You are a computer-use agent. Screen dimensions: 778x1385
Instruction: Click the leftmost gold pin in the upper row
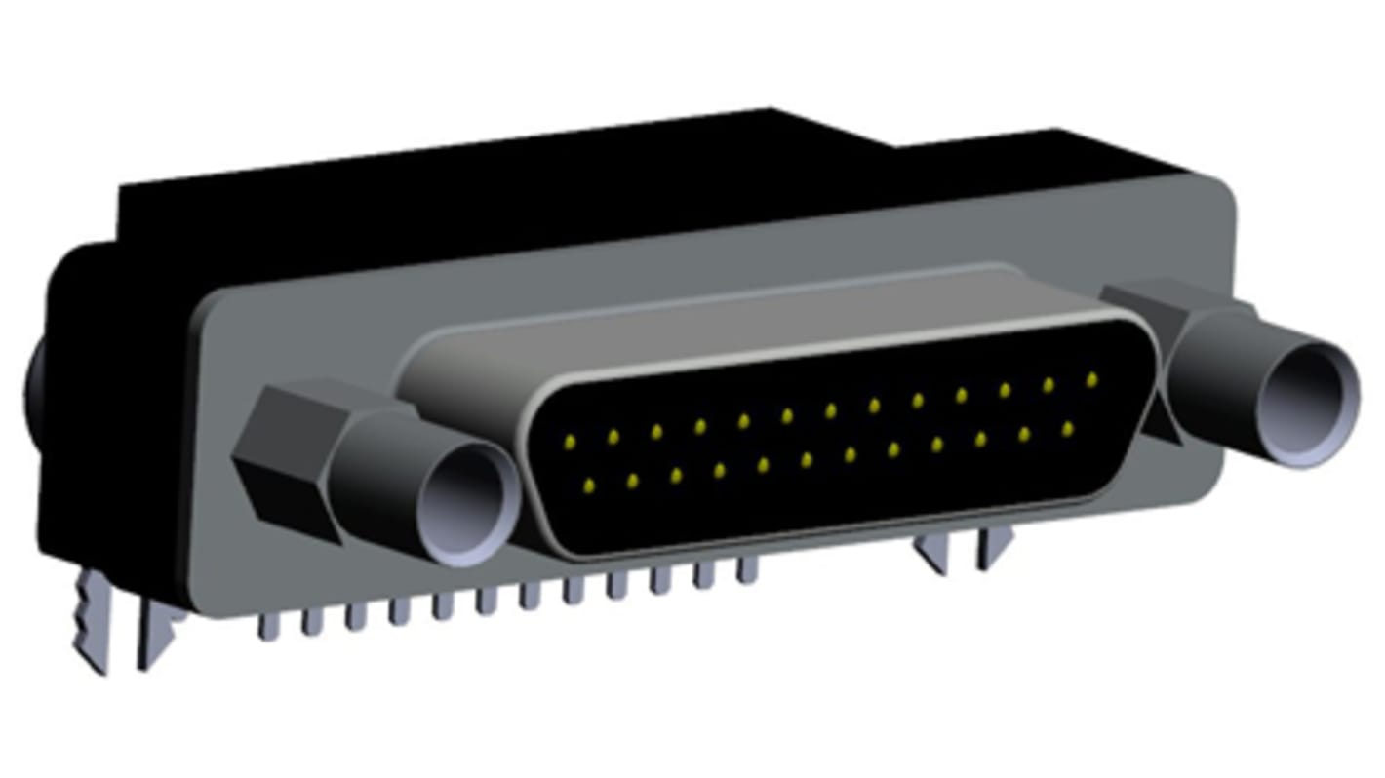click(570, 442)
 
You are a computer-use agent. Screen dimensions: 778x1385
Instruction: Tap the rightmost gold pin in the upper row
click(1091, 378)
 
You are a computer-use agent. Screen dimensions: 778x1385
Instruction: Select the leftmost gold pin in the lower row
click(588, 484)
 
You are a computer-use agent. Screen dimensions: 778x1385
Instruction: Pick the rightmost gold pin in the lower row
click(1068, 428)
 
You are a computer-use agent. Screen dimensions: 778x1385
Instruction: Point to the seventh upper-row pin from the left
click(830, 410)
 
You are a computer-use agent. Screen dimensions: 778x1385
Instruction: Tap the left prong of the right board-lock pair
click(934, 556)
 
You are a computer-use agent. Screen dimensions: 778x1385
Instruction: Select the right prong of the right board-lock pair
click(995, 550)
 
